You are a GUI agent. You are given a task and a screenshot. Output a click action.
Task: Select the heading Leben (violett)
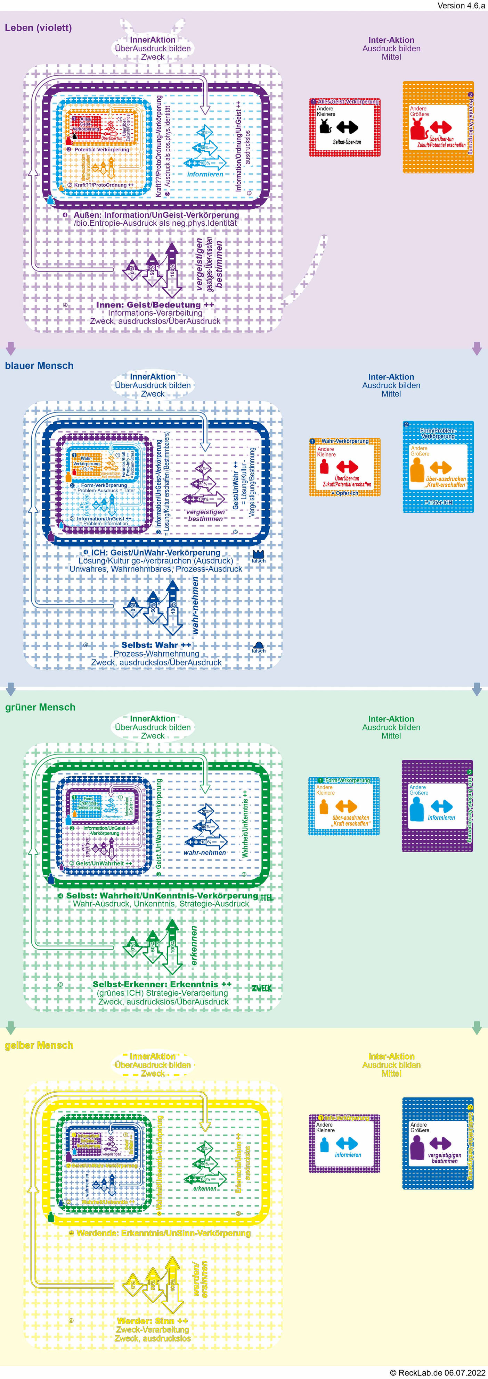pyautogui.click(x=38, y=28)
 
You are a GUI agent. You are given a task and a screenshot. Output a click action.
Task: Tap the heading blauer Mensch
pyautogui.click(x=39, y=366)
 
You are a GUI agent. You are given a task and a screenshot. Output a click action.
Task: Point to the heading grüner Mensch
pyautogui.click(x=40, y=707)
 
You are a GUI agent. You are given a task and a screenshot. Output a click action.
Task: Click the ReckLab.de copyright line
pyautogui.click(x=437, y=1372)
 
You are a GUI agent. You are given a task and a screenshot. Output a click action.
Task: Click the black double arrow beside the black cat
pyautogui.click(x=348, y=127)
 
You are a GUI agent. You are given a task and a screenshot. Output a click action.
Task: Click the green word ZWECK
pyautogui.click(x=261, y=988)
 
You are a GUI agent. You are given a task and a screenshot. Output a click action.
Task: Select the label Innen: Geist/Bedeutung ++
pyautogui.click(x=155, y=304)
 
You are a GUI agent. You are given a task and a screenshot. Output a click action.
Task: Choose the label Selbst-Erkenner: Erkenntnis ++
pyautogui.click(x=162, y=984)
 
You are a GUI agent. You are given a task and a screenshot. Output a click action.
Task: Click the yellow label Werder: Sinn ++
pyautogui.click(x=153, y=1321)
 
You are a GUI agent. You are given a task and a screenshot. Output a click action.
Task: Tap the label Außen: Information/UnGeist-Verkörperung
pyautogui.click(x=156, y=215)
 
